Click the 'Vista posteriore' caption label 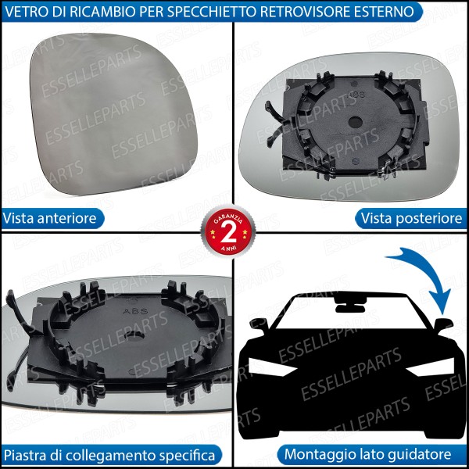[411, 218]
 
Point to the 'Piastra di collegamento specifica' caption [109, 454]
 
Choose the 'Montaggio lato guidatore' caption [367, 454]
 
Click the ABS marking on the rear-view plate [358, 94]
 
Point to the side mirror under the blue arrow [444, 324]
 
